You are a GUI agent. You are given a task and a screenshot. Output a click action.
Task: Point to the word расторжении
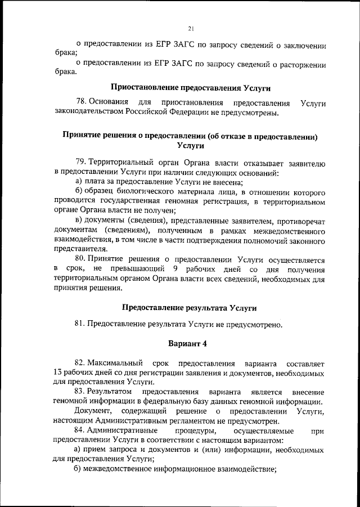(303, 64)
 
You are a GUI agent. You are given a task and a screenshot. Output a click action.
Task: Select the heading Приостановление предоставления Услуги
(191, 88)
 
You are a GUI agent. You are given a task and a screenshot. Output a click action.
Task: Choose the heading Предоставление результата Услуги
(190, 307)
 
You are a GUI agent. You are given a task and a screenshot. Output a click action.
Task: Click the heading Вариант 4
(190, 343)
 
